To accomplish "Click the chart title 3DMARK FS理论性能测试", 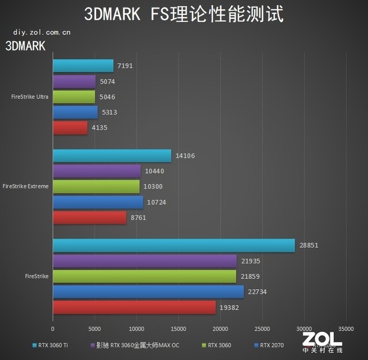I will [x=184, y=14].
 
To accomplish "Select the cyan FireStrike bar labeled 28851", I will [x=174, y=246].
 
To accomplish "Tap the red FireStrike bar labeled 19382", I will [x=134, y=308].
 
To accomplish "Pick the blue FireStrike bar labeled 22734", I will [x=148, y=292].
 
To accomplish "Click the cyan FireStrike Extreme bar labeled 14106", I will [x=112, y=156].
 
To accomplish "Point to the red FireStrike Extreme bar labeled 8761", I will [x=90, y=218].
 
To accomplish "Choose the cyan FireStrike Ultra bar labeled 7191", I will [x=83, y=66].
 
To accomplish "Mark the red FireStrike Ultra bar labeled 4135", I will [x=70, y=128].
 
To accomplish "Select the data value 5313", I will [x=109, y=112].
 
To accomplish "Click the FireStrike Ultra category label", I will [x=30, y=97].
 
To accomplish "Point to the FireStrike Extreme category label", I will [x=26, y=186].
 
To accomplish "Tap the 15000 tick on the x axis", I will [x=178, y=330].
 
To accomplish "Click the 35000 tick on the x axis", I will [x=346, y=330].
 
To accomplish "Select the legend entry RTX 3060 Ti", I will [x=53, y=346].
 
